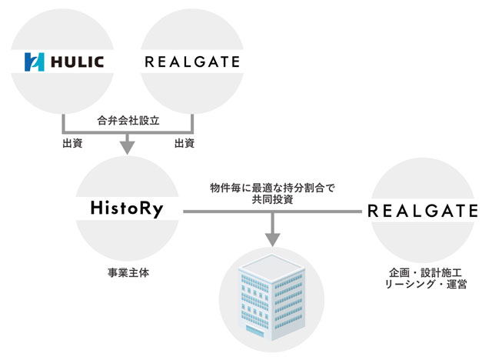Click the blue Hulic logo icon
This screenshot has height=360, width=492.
(x=34, y=62)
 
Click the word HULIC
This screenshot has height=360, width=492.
(x=77, y=62)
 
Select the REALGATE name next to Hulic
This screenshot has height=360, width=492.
(x=192, y=62)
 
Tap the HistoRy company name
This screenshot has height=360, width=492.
(x=127, y=208)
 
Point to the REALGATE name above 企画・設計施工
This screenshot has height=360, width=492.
(x=423, y=211)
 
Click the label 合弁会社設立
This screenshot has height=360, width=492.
(x=128, y=121)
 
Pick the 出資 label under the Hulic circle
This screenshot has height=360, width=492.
(x=72, y=143)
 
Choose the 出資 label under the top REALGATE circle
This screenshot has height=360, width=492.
(x=184, y=143)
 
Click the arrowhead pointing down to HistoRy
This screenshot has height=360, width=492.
(x=127, y=148)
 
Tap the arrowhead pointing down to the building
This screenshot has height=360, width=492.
(x=273, y=240)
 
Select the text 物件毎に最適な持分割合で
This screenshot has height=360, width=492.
(x=272, y=188)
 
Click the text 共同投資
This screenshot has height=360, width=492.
(x=272, y=199)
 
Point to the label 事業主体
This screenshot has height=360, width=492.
(x=128, y=273)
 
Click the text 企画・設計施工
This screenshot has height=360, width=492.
(x=425, y=272)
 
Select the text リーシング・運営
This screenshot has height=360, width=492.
(x=426, y=284)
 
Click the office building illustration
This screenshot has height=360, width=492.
(x=271, y=297)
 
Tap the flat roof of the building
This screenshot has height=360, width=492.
(x=271, y=267)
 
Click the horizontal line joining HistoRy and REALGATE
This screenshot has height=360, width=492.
(x=272, y=212)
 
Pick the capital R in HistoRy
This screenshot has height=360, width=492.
(x=145, y=208)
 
